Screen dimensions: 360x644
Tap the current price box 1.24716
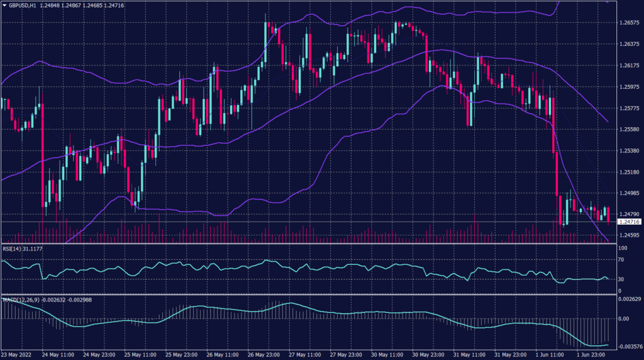click(x=629, y=222)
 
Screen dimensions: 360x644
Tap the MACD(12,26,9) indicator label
click(x=20, y=299)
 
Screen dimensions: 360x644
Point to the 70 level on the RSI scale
click(x=621, y=261)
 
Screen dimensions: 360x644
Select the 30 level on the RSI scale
click(x=621, y=279)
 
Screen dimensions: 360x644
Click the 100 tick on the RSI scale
click(x=623, y=249)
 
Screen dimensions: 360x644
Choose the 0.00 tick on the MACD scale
click(x=624, y=318)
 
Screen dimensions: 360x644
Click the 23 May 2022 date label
click(x=17, y=354)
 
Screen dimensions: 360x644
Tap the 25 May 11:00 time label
click(x=141, y=354)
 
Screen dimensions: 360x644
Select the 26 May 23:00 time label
click(x=264, y=354)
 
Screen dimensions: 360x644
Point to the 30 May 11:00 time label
click(x=387, y=354)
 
